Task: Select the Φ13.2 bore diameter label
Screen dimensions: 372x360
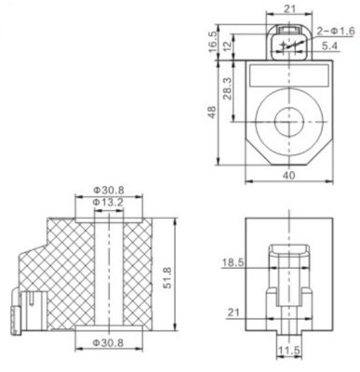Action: pyautogui.click(x=108, y=204)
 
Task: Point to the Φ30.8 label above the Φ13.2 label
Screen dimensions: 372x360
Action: pyautogui.click(x=108, y=190)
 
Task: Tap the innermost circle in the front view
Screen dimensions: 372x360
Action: pyautogui.click(x=291, y=119)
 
